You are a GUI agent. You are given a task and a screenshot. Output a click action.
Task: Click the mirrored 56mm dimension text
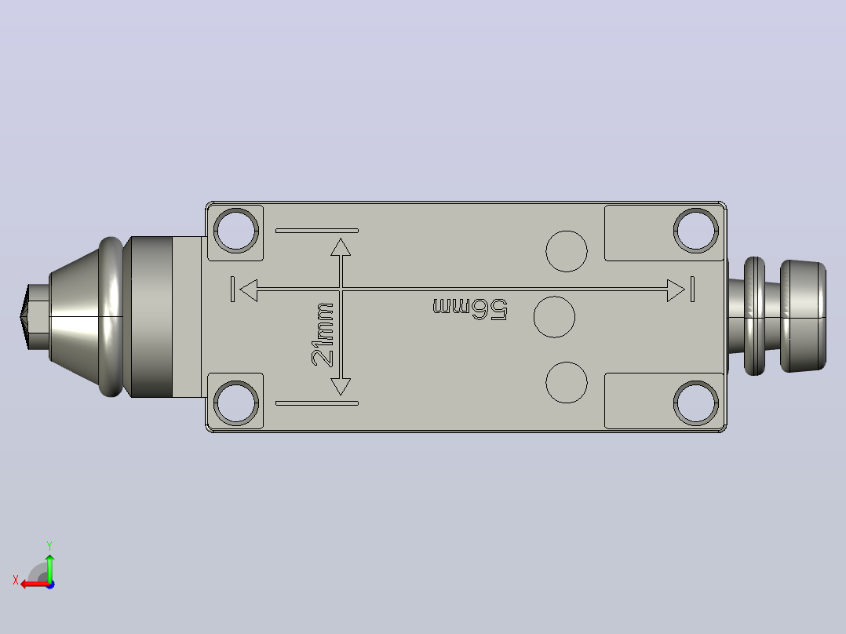pos(470,308)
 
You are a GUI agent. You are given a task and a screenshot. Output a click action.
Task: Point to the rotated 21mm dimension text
pos(323,334)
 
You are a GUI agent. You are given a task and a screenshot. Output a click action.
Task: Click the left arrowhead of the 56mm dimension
pos(248,290)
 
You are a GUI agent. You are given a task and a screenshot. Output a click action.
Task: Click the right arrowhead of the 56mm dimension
pos(676,290)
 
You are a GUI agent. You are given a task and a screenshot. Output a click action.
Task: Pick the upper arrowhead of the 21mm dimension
pos(341,247)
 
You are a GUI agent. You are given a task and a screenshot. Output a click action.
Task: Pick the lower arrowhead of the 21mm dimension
pos(341,387)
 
